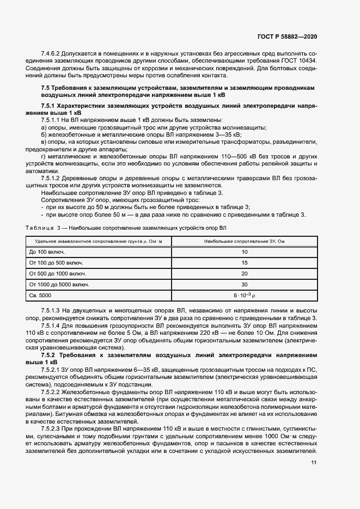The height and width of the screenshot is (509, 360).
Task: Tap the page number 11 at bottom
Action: [x=314, y=463]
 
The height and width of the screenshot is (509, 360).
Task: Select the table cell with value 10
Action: [x=245, y=252]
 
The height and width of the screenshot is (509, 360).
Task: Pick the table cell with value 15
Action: [x=245, y=263]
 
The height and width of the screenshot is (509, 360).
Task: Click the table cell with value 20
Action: [x=245, y=273]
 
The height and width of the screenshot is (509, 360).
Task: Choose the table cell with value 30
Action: [x=245, y=284]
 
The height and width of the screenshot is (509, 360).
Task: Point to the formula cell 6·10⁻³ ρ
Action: [x=245, y=295]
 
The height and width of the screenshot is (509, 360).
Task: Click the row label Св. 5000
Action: [x=41, y=295]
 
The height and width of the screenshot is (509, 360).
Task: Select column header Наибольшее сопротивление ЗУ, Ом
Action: [x=245, y=241]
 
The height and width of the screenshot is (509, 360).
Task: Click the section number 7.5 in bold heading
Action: [x=46, y=88]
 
